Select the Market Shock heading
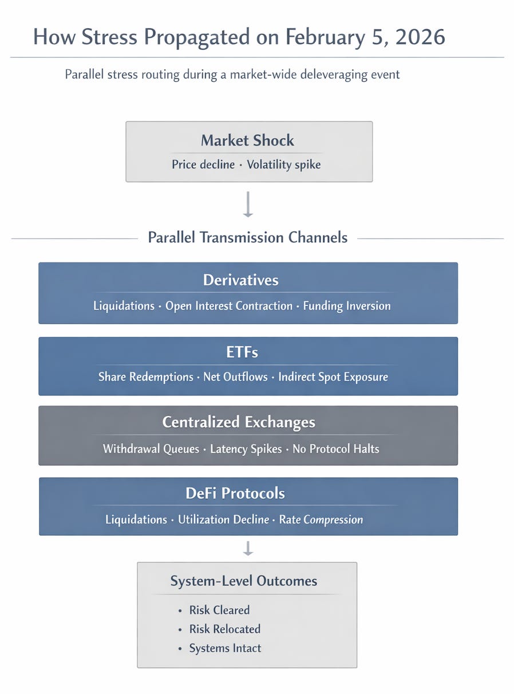[x=247, y=140]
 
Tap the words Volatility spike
[x=284, y=165]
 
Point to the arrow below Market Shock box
[x=248, y=204]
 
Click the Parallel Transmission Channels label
[x=248, y=237]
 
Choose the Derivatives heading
[x=241, y=280]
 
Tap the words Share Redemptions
[x=145, y=377]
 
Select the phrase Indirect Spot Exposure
[x=333, y=377]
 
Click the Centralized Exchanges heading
[x=239, y=422]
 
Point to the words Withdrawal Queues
[x=151, y=449]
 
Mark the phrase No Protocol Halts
[x=336, y=449]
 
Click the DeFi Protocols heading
[x=235, y=493]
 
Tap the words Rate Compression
[x=321, y=520]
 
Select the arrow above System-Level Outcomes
[x=248, y=548]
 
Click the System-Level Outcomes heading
[x=244, y=581]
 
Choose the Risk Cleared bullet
[x=219, y=610]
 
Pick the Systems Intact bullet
[x=225, y=648]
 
